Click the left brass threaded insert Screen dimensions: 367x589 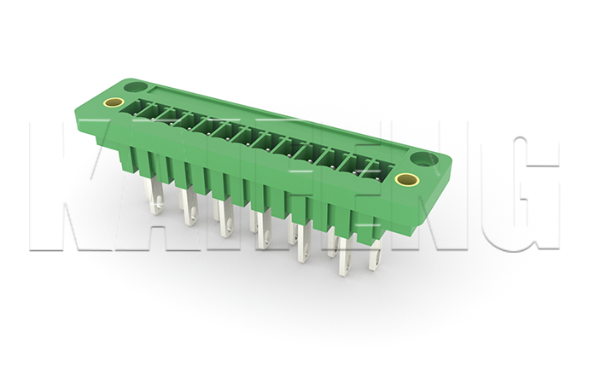point(112,103)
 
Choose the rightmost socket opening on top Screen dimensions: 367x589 point(369,172)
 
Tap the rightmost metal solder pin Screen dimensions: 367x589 point(374,253)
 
